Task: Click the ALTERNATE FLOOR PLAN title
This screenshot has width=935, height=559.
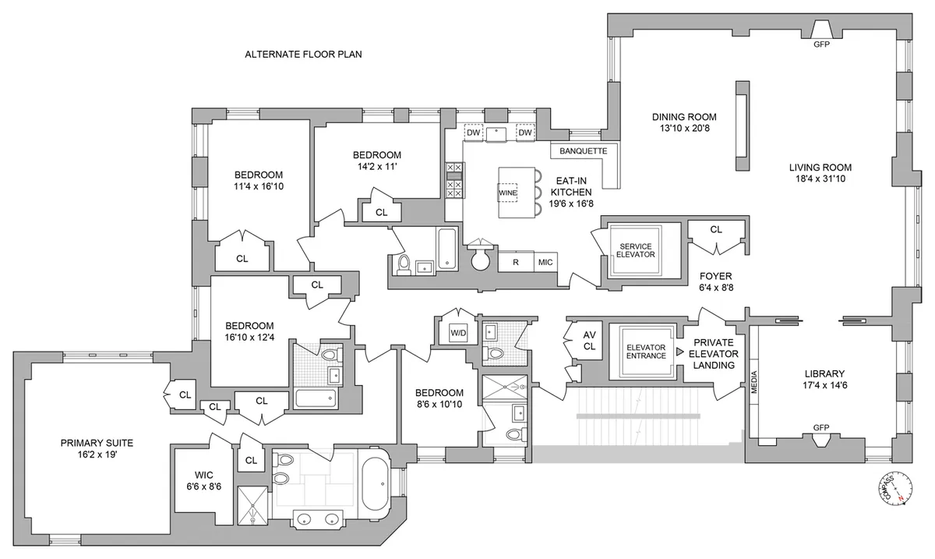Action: click(x=304, y=55)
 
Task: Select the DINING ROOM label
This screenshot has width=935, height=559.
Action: click(x=684, y=122)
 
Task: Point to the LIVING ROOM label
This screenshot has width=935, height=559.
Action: click(x=820, y=172)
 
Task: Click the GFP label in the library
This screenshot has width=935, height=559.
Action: click(x=820, y=428)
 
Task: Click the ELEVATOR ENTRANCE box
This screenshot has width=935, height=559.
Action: click(x=646, y=351)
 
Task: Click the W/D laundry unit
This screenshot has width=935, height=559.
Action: click(x=458, y=333)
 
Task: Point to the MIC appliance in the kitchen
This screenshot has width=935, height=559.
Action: click(x=545, y=263)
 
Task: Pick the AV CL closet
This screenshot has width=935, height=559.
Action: click(x=589, y=340)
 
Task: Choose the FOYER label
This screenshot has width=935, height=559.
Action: click(x=717, y=281)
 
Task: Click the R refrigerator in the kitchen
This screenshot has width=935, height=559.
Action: click(x=515, y=263)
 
